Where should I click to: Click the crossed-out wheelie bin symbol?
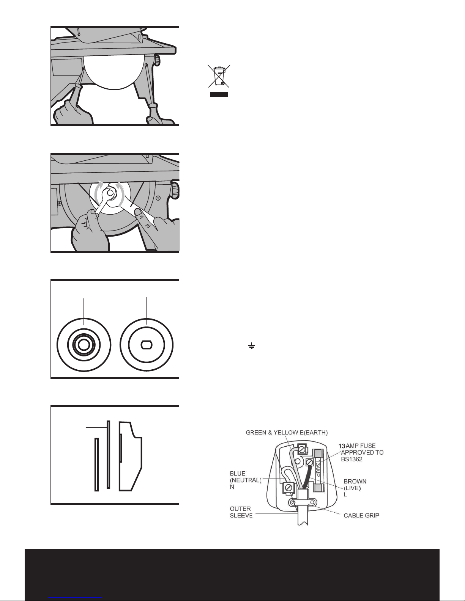point(219,76)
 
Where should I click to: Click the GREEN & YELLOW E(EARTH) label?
point(287,432)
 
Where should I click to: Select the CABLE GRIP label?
point(361,515)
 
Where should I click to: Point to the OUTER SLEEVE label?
point(241,512)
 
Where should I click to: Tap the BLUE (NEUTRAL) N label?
point(245,480)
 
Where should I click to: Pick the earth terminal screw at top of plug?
point(303,450)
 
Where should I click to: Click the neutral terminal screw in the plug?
point(289,487)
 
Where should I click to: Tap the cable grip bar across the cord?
point(303,503)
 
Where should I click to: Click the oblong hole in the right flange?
point(146,345)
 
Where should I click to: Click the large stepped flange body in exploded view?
point(131,455)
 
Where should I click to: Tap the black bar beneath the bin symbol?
point(219,94)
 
